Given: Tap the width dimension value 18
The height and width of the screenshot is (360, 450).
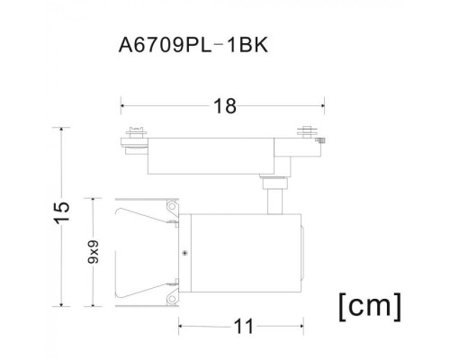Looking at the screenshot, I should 225,106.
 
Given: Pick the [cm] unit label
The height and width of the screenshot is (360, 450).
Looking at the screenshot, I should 368,305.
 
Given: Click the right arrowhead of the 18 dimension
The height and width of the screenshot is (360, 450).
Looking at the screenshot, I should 325,106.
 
